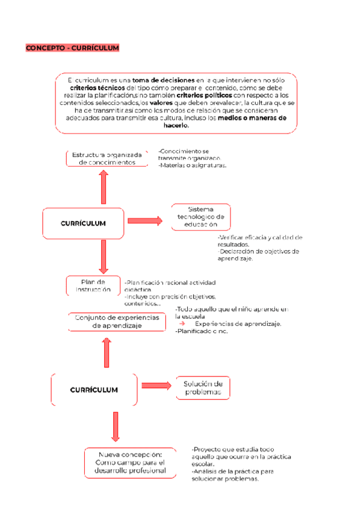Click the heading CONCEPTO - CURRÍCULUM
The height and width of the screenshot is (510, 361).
click(x=72, y=48)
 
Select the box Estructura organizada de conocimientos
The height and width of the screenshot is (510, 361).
click(x=106, y=158)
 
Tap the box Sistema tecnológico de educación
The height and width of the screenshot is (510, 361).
click(x=201, y=217)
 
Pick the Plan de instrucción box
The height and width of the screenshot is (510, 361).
click(x=93, y=285)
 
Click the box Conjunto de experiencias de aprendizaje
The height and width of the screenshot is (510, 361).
click(x=117, y=321)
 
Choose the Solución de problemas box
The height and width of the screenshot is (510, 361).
click(x=203, y=388)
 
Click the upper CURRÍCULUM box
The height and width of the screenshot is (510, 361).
click(x=83, y=223)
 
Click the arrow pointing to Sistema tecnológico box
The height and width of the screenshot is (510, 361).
click(x=145, y=221)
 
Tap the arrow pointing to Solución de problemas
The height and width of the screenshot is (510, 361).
click(x=156, y=386)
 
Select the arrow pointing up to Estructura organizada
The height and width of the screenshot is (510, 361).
click(x=103, y=186)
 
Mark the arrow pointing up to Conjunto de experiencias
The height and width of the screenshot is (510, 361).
click(x=107, y=352)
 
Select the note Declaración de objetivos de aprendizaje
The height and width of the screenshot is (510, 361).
click(x=258, y=255)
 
